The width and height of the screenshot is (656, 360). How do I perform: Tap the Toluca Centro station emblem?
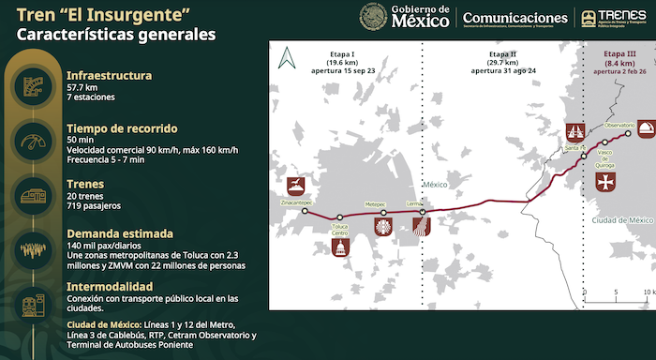339,247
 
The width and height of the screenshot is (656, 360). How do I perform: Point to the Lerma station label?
416,202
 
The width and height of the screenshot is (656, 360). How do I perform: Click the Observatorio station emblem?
646,128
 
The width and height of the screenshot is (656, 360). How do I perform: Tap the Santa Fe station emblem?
574,132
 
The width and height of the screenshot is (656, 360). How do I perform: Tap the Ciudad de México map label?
621,219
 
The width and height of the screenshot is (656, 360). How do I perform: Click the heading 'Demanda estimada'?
119,233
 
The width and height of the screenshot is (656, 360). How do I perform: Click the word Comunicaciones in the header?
514,17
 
